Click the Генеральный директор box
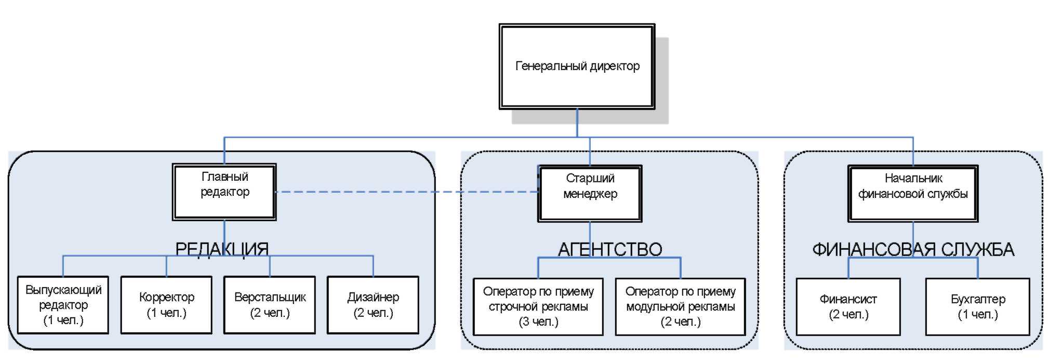click(x=577, y=66)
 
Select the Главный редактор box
click(x=224, y=192)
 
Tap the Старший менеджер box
click(x=590, y=193)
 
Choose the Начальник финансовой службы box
click(x=913, y=193)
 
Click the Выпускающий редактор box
click(x=63, y=305)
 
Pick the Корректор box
click(x=166, y=305)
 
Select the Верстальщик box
click(x=270, y=305)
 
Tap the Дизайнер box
click(x=373, y=305)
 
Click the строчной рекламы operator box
click(x=538, y=306)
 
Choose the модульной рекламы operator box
click(x=680, y=306)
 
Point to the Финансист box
click(x=848, y=306)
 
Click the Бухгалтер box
click(x=977, y=306)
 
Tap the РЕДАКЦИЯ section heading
click(x=222, y=249)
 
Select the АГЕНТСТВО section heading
click(x=610, y=250)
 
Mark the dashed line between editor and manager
click(x=405, y=192)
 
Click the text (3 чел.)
click(x=538, y=322)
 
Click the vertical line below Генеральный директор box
click(x=577, y=123)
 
